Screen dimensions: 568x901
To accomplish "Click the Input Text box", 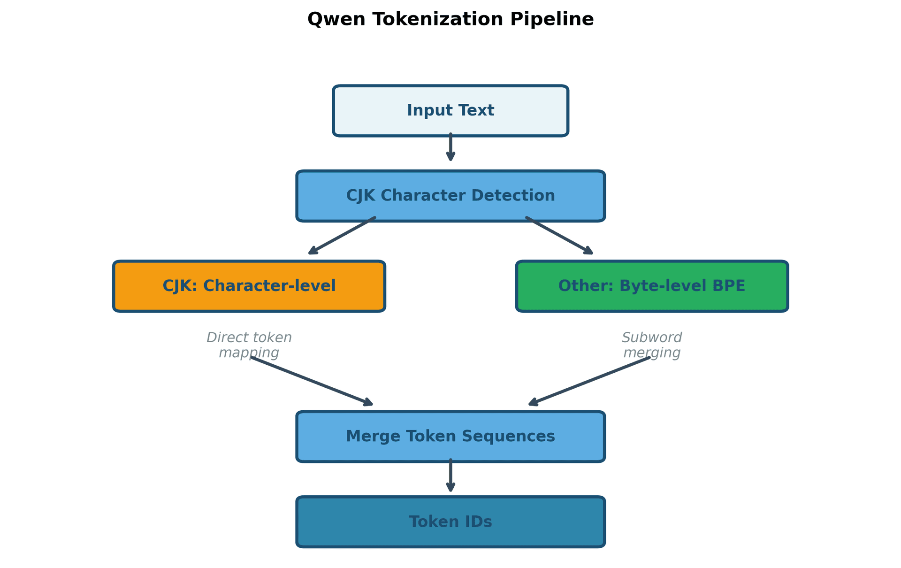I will (x=450, y=111).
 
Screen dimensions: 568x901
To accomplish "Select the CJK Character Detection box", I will (x=450, y=196).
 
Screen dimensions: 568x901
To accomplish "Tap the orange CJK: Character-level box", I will (x=249, y=286).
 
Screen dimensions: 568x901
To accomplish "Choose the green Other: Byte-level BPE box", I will (x=651, y=286).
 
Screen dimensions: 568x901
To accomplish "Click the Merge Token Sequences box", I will (x=450, y=437).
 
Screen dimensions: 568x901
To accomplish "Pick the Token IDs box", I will (x=450, y=522).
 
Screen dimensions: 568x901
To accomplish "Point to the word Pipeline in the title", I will (x=552, y=20).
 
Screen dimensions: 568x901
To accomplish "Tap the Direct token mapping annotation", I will (x=249, y=345).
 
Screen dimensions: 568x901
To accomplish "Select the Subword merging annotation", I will (x=651, y=345).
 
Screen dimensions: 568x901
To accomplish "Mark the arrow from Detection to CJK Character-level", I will (x=342, y=236).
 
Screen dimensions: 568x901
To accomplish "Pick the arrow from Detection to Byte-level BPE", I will (x=559, y=236).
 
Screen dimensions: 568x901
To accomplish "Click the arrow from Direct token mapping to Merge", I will (x=312, y=381).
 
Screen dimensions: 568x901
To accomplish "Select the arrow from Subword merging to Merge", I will (x=589, y=381).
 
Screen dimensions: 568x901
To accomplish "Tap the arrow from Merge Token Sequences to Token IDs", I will (x=450, y=476).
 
